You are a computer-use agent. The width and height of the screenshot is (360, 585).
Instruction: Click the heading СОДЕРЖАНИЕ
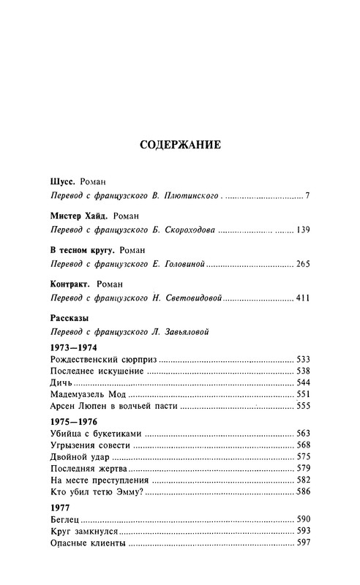click(x=180, y=145)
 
